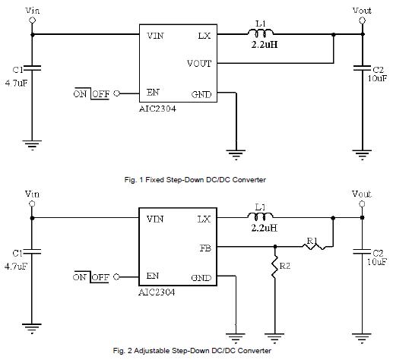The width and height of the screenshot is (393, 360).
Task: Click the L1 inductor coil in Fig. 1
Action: click(x=261, y=32)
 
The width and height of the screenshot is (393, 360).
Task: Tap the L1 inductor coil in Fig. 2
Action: click(x=261, y=216)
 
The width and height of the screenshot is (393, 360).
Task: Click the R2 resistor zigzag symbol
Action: click(x=275, y=267)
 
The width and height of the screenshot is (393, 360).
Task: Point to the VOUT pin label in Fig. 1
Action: click(x=199, y=63)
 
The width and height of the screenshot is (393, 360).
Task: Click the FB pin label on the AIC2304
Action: click(x=205, y=248)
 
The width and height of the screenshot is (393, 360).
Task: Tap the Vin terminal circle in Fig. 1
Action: click(x=32, y=21)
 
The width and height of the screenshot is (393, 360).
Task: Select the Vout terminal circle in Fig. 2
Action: click(x=363, y=204)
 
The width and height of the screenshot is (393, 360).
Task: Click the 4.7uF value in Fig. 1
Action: click(x=16, y=83)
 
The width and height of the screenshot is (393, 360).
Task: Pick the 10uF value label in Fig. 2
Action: click(x=377, y=262)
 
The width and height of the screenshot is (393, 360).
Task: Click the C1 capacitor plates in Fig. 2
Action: click(x=32, y=251)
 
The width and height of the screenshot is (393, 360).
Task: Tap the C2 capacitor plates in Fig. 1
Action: click(x=363, y=68)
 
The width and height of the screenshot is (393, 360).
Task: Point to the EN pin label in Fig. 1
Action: click(x=153, y=93)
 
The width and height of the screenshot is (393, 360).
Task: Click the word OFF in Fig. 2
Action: click(x=100, y=277)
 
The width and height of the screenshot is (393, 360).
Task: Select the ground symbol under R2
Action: click(x=274, y=338)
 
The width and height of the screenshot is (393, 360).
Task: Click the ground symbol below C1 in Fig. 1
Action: click(x=32, y=145)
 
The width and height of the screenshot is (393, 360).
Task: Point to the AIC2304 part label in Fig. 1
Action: click(x=157, y=109)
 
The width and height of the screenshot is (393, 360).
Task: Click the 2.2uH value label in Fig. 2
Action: click(x=265, y=228)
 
